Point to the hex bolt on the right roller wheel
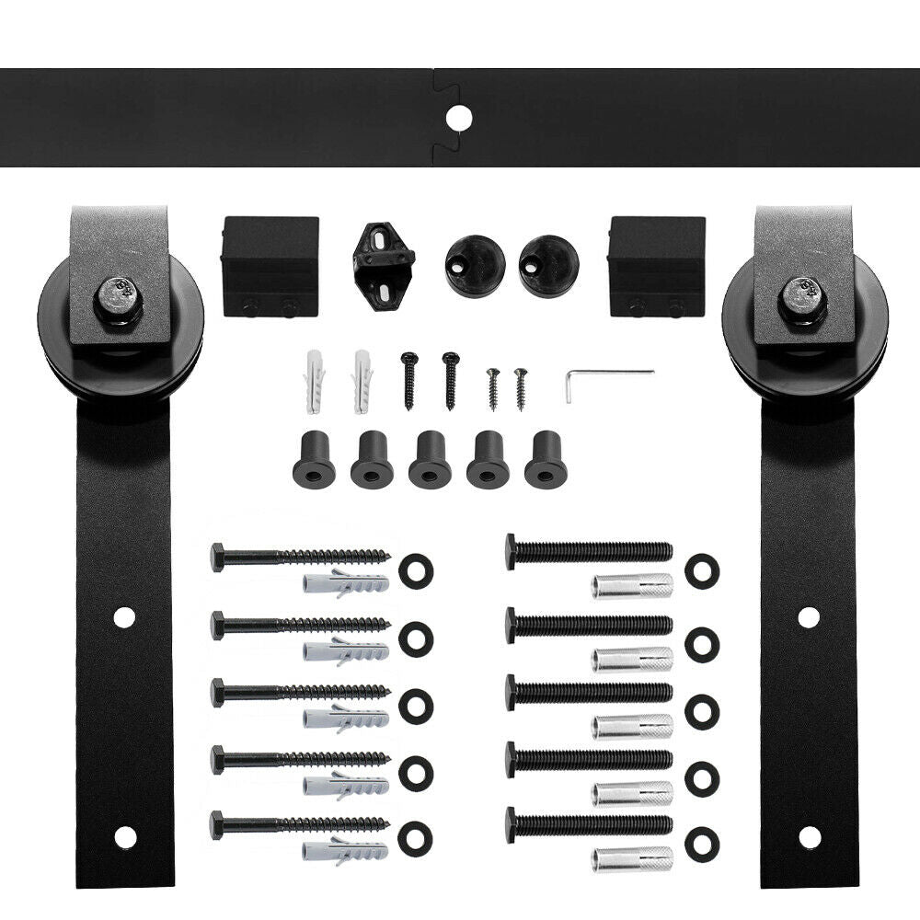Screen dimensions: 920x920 point(800,298)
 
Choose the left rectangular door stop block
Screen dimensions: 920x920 point(270,266)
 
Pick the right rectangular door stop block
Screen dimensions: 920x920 point(657,266)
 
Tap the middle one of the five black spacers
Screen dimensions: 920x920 point(430,459)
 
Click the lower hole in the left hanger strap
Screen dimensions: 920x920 point(124,835)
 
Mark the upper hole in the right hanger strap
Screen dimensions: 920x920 point(809,617)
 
